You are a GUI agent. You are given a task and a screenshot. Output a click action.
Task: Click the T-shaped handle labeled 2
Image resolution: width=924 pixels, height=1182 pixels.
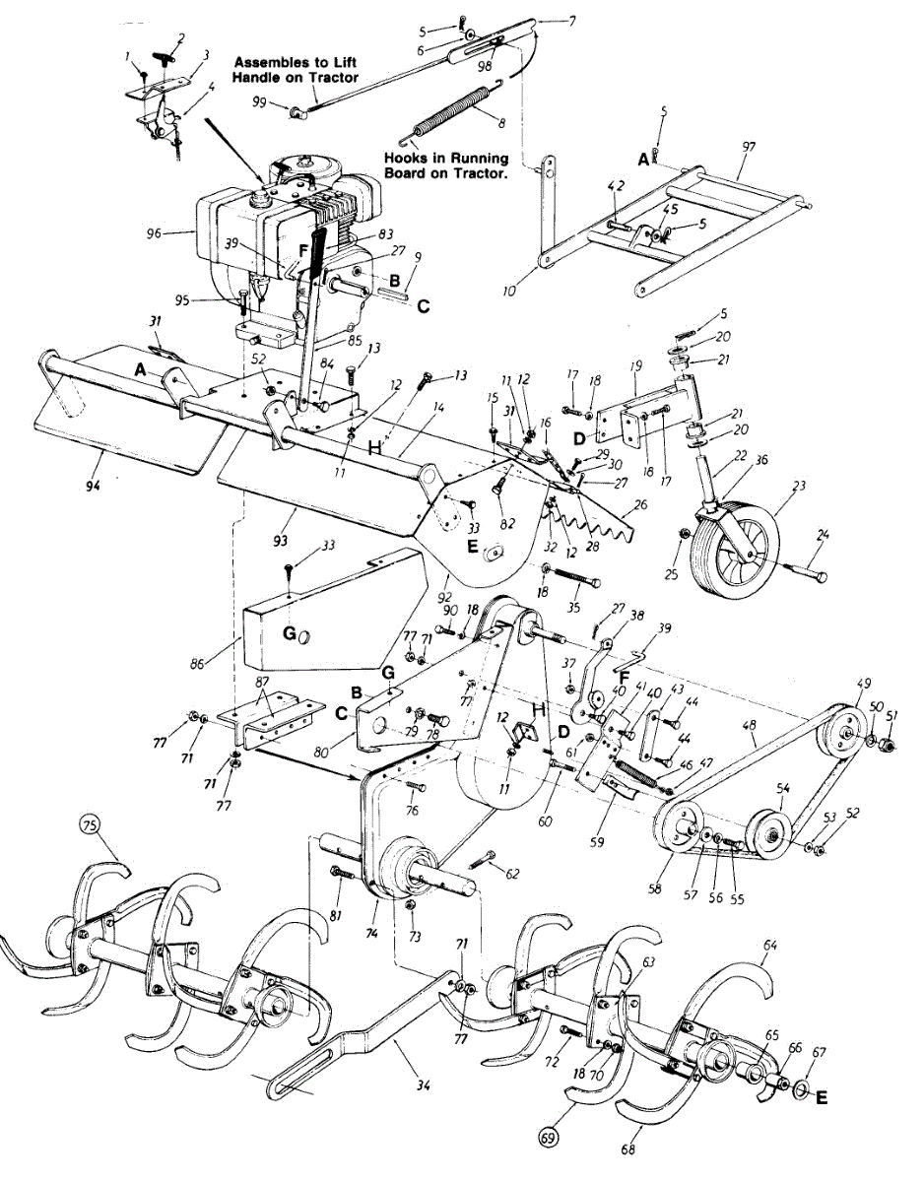(168, 45)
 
